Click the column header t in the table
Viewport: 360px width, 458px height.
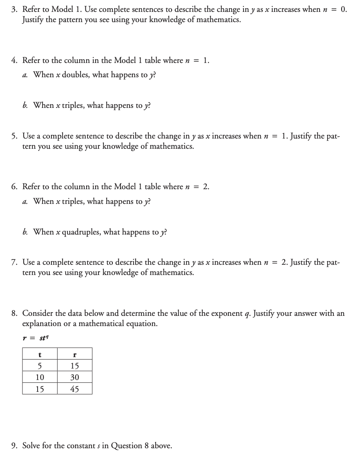pyautogui.click(x=40, y=354)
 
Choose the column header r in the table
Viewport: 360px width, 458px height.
pyautogui.click(x=75, y=354)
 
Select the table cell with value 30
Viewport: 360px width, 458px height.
pyautogui.click(x=75, y=377)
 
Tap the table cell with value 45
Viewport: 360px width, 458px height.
pyautogui.click(x=75, y=389)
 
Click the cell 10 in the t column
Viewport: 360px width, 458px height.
pyautogui.click(x=40, y=377)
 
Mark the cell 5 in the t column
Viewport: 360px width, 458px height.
pyautogui.click(x=40, y=366)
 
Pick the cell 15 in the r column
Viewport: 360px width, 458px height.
pyautogui.click(x=75, y=366)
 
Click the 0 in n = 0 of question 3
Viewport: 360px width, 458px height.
pyautogui.click(x=344, y=10)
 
